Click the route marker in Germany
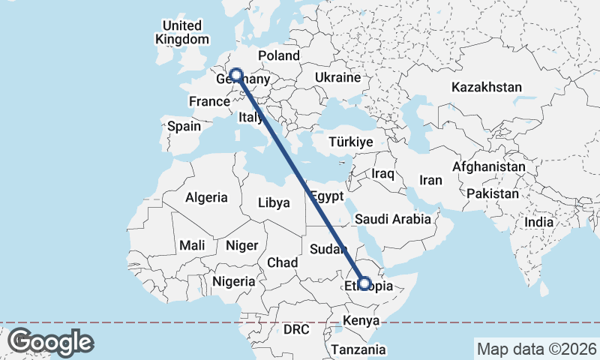(236, 75)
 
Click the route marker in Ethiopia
(364, 283)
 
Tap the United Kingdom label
(182, 32)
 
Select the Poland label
(278, 55)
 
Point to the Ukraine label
(337, 77)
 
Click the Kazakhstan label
(486, 87)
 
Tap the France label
(208, 101)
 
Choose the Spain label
(184, 126)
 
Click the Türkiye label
(351, 142)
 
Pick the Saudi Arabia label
(393, 219)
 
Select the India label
(538, 222)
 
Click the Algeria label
(206, 197)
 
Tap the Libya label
(273, 202)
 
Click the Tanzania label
(358, 349)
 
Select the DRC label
(296, 329)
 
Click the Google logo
(50, 342)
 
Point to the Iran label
(430, 180)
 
